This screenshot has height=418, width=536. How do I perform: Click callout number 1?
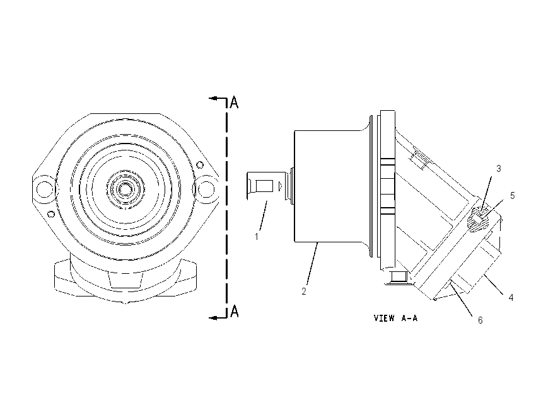[257, 236]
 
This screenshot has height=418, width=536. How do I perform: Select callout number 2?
[303, 291]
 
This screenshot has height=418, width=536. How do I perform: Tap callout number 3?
[498, 168]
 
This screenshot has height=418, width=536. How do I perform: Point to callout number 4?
[511, 298]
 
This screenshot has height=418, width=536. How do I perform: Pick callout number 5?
[512, 196]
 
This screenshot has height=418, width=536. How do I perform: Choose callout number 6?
[480, 320]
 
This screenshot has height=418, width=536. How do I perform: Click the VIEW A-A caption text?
[395, 318]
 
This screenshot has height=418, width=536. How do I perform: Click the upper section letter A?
[234, 102]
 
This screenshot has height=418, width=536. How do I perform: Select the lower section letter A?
[234, 311]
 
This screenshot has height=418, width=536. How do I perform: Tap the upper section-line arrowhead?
[213, 99]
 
